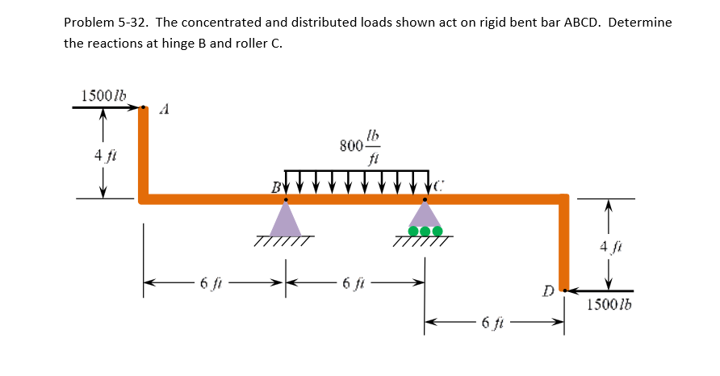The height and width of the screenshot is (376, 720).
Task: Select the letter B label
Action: [275, 189]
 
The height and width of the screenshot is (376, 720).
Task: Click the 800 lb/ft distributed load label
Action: [360, 145]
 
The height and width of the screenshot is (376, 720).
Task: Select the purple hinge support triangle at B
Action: [284, 219]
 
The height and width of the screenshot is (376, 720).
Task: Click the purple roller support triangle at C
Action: [425, 215]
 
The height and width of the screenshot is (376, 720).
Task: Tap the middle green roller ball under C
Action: [425, 232]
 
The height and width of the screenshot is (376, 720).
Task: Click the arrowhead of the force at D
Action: [568, 290]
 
